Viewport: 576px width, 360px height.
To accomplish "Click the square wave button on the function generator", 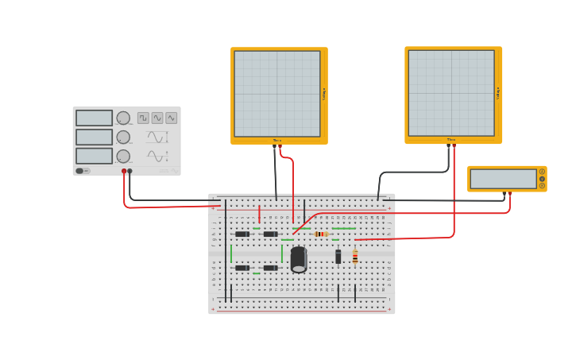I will tap(143, 118).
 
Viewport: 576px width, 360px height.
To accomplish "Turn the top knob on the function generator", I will tap(123, 118).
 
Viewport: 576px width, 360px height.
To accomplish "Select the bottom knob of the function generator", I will tap(123, 157).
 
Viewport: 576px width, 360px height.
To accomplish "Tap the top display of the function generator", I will tap(95, 118).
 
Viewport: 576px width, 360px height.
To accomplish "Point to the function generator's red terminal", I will tap(124, 171).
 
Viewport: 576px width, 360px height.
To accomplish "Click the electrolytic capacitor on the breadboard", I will tap(299, 259).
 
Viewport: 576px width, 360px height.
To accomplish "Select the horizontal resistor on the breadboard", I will tap(321, 234).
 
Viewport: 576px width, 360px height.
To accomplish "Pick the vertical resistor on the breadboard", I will tap(355, 257).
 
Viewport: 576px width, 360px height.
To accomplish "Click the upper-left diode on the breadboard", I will tap(242, 234).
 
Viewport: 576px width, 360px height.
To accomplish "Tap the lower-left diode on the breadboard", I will tap(242, 268).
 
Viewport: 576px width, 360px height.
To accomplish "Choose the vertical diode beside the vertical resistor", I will tap(338, 257).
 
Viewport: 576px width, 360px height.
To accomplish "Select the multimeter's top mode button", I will tap(543, 172).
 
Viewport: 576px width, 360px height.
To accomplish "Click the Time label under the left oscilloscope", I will tap(276, 141).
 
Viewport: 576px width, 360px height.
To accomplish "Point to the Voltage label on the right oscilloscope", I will tap(499, 93).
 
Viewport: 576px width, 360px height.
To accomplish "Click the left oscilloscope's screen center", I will tap(277, 94).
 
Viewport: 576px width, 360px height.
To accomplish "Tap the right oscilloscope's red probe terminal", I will tap(454, 146).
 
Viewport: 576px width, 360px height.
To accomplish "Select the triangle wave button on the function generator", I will tap(172, 118).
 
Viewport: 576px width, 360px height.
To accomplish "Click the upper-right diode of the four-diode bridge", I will tap(270, 234).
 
